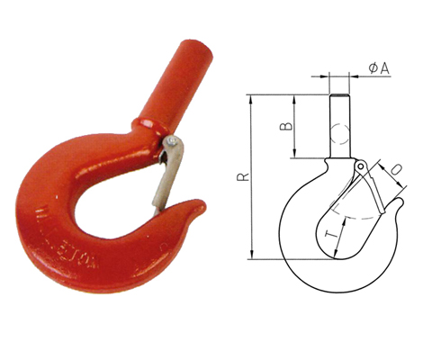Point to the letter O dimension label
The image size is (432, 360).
tap(399, 172)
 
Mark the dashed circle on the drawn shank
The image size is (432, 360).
tap(339, 135)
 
